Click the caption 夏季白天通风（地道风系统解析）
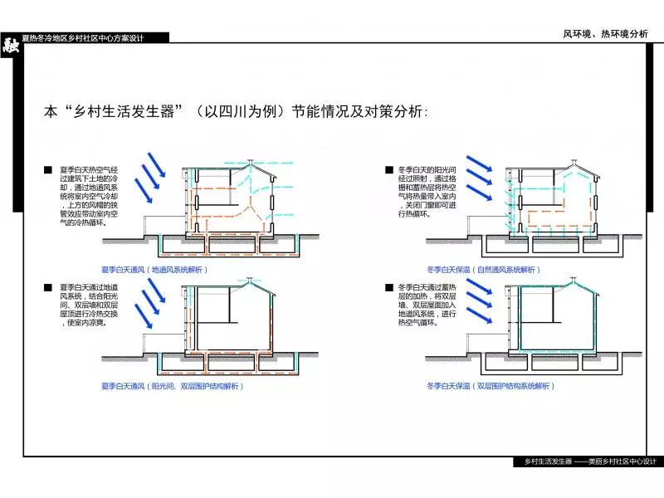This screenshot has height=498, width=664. [154, 270]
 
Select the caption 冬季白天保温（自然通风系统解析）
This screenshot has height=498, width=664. [484, 270]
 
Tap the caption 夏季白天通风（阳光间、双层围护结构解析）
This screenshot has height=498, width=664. [171, 386]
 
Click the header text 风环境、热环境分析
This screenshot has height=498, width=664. [605, 34]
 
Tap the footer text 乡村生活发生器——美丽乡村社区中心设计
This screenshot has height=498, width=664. [584, 461]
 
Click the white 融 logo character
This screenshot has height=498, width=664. [10, 46]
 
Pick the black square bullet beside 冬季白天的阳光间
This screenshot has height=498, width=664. [388, 170]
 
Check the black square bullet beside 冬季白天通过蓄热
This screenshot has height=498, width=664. [388, 287]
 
